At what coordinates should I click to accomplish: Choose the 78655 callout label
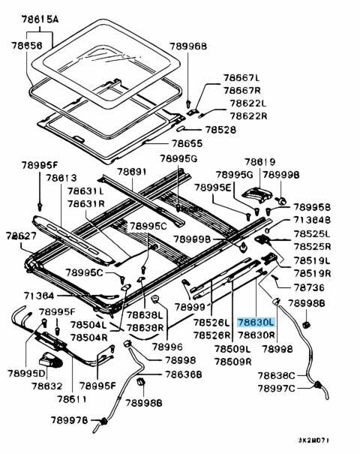(187, 143)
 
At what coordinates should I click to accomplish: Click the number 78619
(259, 161)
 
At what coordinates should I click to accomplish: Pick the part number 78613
(61, 178)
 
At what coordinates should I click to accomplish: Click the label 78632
(46, 385)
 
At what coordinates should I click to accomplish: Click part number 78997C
(277, 388)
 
